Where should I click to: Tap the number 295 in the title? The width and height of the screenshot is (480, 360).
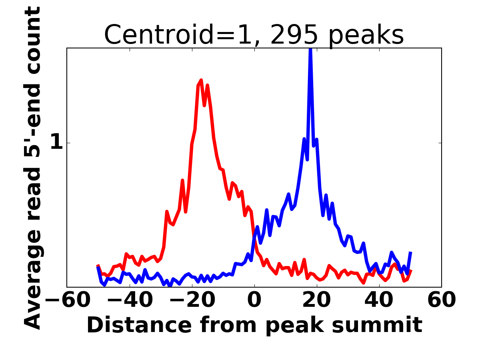(x=294, y=35)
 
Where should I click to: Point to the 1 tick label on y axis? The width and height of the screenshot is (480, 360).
(x=57, y=143)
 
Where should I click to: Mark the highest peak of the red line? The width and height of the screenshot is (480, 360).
(x=201, y=80)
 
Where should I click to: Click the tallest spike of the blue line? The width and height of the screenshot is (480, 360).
(x=310, y=50)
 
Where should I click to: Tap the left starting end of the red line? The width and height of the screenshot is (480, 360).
(x=98, y=266)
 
